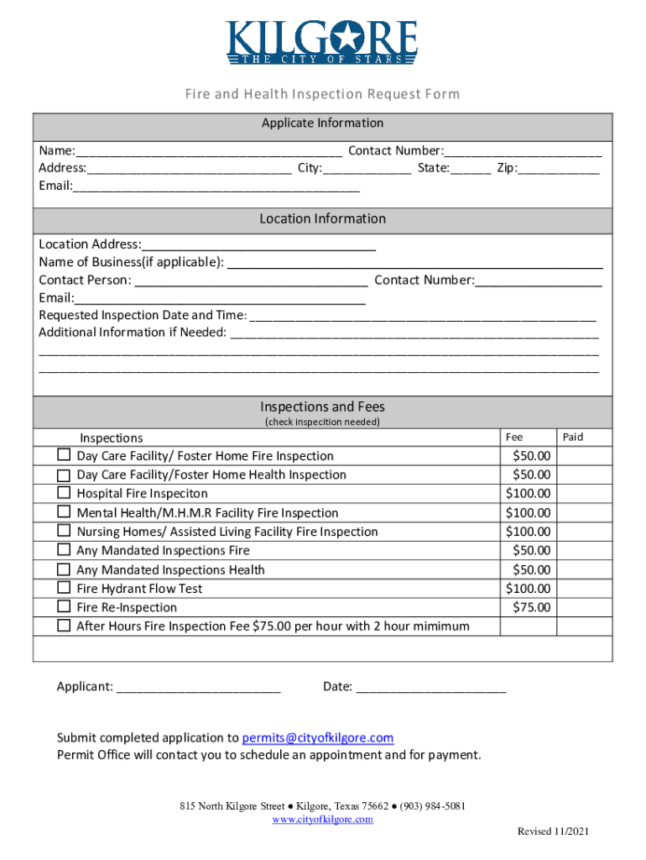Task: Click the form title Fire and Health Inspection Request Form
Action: [x=322, y=93]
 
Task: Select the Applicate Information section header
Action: [x=322, y=123]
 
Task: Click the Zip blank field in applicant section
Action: [x=559, y=169]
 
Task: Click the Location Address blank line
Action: [x=258, y=245]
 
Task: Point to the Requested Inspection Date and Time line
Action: [x=423, y=317]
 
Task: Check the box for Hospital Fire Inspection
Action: [x=64, y=493]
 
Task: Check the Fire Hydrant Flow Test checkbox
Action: [x=64, y=588]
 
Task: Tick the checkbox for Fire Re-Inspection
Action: [x=64, y=606]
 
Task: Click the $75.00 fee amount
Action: [x=531, y=607]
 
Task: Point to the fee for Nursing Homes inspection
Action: [x=529, y=532]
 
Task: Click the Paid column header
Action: [x=573, y=437]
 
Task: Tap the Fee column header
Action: [x=514, y=437]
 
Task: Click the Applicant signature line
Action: [x=198, y=688]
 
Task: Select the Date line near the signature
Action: [x=431, y=688]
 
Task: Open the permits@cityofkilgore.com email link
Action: [x=317, y=737]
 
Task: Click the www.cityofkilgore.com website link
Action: [x=322, y=820]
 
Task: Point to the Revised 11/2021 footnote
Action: [x=553, y=831]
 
